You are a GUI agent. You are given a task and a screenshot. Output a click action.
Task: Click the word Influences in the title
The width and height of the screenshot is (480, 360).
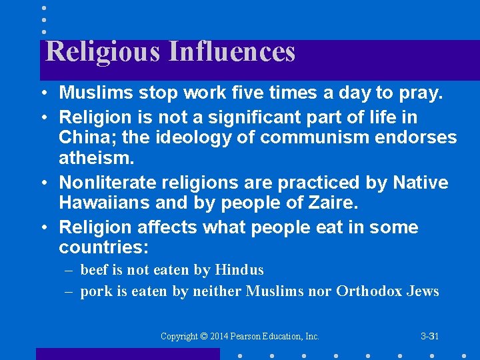pyautogui.click(x=232, y=52)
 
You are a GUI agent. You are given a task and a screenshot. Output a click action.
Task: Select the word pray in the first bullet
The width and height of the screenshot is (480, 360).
pyautogui.click(x=423, y=93)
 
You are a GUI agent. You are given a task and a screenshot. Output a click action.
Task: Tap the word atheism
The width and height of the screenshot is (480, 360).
pyautogui.click(x=95, y=159)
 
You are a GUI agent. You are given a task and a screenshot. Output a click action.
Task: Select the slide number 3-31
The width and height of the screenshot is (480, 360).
pyautogui.click(x=429, y=336)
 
